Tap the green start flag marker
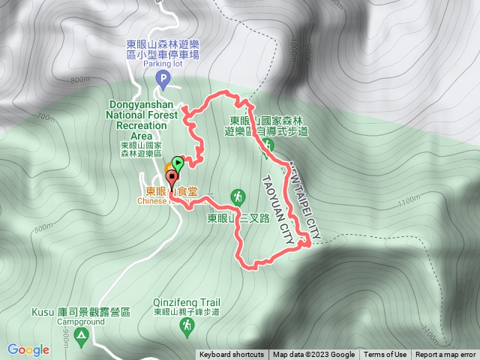177,162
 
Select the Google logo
28,349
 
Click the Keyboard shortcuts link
231,355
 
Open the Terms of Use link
385,355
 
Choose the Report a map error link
445,355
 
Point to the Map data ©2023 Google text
313,355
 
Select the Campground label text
81,321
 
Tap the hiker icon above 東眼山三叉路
238,196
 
